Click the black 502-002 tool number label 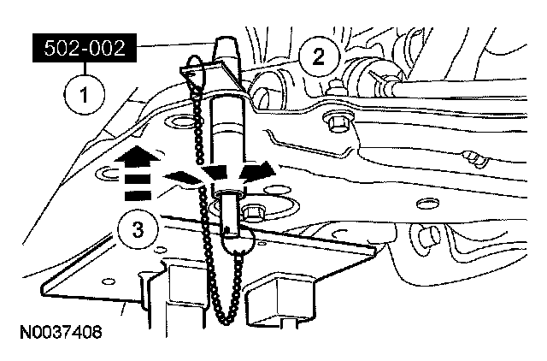coord(83,50)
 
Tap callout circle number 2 coord(319,58)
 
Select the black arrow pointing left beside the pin coord(181,176)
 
